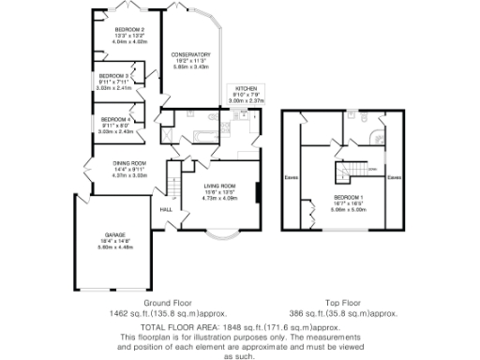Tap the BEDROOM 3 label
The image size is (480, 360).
point(113,75)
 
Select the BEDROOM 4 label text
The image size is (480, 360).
point(114,119)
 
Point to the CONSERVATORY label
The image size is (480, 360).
point(190,54)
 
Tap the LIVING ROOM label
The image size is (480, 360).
point(221,186)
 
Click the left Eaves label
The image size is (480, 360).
point(291,175)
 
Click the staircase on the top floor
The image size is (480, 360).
point(355,170)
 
